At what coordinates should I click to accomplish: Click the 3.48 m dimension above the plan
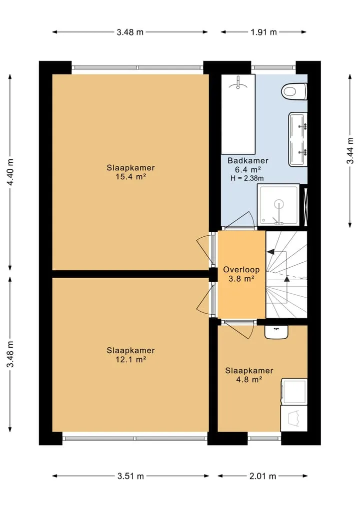coord(130,32)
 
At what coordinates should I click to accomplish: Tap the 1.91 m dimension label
coord(263,32)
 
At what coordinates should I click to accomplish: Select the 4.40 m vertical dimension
coord(10,172)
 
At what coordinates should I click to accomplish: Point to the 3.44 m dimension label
coord(350,151)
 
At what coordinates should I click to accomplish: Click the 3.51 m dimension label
coord(130,476)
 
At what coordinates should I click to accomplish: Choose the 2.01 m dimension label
coord(262,476)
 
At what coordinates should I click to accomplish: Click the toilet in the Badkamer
coord(294,92)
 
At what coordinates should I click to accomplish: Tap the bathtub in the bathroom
coord(238,114)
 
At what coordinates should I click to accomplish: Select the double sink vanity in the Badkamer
coord(297,140)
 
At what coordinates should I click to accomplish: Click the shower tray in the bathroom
coord(278,205)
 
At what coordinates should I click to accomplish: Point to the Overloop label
coord(241,270)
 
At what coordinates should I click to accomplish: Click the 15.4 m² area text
coord(130,177)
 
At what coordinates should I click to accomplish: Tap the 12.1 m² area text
coord(130,359)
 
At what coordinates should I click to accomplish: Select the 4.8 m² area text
coord(249,380)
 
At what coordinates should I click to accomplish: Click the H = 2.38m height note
coord(247,178)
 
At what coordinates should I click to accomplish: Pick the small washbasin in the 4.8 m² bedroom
coord(276,332)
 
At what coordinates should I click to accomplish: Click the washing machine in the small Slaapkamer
coord(294,392)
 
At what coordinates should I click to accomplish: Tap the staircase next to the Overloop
coord(286,274)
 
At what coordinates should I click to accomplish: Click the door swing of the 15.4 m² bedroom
coord(204,249)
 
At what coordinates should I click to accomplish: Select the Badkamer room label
coord(248,160)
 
